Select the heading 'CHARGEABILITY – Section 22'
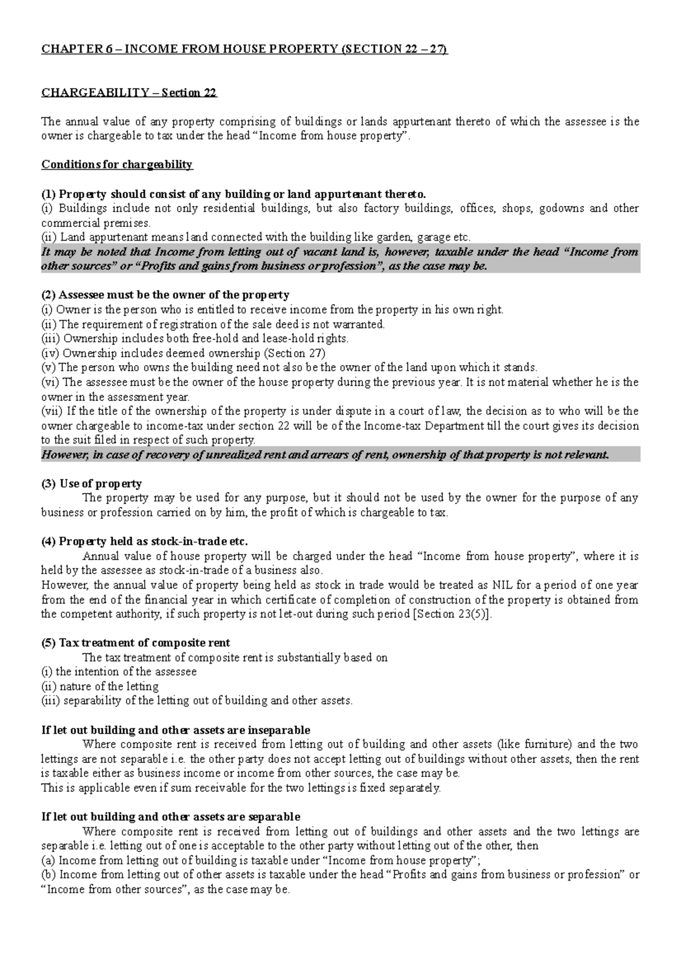(x=129, y=93)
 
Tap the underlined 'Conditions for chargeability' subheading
(x=117, y=165)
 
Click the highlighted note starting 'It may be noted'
(x=340, y=259)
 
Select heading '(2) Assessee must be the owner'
(x=165, y=295)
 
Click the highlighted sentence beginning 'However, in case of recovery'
(x=325, y=455)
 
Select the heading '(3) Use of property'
(x=91, y=484)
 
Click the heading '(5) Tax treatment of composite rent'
(x=136, y=643)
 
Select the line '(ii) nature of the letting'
(x=100, y=686)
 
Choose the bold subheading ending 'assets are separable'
(x=171, y=817)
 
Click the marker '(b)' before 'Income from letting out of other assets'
(x=49, y=875)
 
